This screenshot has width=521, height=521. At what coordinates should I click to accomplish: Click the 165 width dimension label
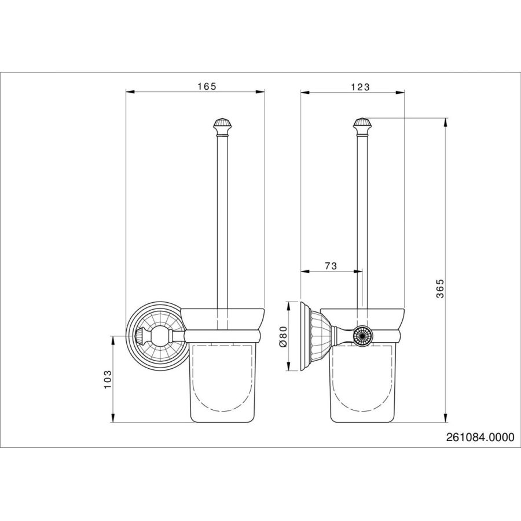pos(207,86)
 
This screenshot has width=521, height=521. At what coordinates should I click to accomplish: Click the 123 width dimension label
pos(360,87)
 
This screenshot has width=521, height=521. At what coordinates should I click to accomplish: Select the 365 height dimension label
pos(440,289)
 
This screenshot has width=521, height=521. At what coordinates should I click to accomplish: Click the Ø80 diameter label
pos(282,336)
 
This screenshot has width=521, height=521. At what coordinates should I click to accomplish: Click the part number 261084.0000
pos(480,437)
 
